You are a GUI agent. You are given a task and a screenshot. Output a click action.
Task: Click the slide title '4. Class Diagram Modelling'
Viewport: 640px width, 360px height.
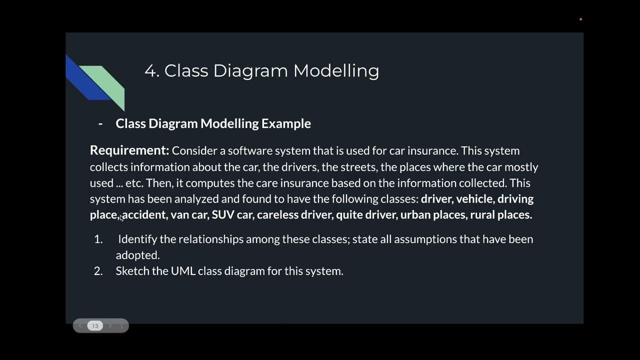pos(261,70)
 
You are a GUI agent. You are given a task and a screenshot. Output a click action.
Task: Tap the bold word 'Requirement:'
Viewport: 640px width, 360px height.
pos(129,150)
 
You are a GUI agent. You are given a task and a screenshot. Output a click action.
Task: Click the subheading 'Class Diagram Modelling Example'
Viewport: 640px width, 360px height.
pos(213,123)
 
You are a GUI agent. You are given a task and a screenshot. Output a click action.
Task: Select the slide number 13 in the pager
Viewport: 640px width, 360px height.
pos(95,326)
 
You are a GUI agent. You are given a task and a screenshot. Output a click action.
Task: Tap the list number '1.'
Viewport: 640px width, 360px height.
pos(98,239)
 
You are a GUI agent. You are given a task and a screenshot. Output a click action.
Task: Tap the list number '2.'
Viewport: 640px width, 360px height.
pos(98,271)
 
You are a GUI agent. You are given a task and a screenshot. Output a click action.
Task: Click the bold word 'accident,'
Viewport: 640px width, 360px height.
pos(144,214)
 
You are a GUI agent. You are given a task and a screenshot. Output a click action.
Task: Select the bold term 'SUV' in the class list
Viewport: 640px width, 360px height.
pos(223,214)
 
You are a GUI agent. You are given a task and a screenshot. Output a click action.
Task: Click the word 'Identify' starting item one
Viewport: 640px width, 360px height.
pos(137,239)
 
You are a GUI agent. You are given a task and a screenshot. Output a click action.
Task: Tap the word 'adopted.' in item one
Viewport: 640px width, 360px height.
pos(137,255)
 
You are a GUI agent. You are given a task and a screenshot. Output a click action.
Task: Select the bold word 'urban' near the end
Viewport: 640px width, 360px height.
pos(414,214)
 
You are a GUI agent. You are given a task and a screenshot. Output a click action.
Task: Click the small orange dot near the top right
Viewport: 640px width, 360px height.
pos(580,19)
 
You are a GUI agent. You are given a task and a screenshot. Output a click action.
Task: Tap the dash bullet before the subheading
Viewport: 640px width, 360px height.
pos(100,123)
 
